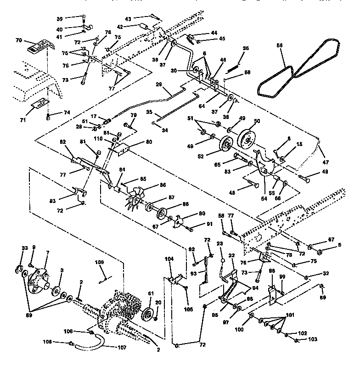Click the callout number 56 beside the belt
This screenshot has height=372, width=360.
coord(281,45)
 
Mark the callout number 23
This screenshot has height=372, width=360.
coord(219,244)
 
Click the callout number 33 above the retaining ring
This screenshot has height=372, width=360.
coord(25,248)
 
